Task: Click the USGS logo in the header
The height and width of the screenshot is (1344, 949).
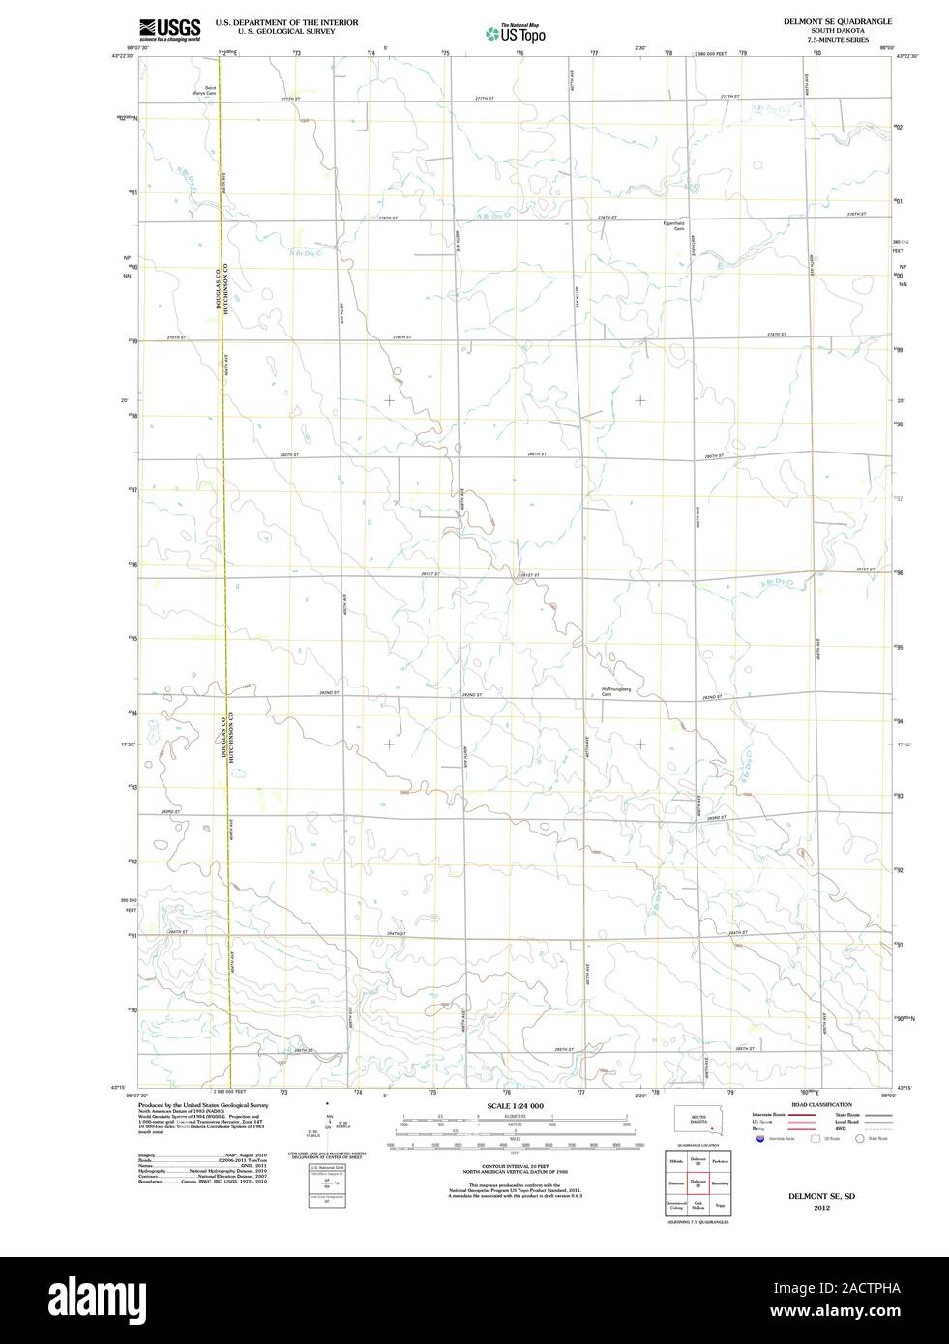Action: click(169, 28)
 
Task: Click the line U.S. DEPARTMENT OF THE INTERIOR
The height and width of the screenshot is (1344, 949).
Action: click(286, 21)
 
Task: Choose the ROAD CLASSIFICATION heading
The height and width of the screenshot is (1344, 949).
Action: click(821, 1104)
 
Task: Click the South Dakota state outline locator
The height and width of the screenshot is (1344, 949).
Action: click(701, 1122)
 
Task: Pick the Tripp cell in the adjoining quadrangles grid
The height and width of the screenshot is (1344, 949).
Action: click(719, 1206)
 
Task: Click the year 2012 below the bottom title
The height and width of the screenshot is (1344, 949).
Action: click(821, 1208)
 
